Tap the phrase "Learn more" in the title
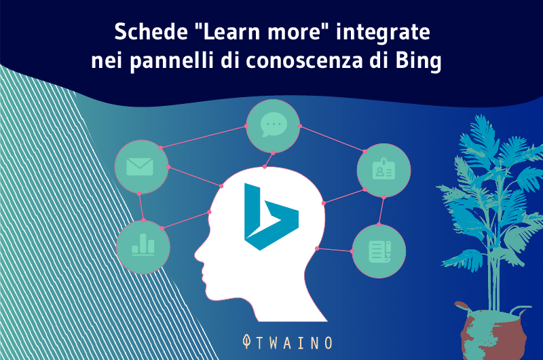tap(246, 32)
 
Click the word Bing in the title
tap(418, 62)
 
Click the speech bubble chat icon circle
tap(273, 126)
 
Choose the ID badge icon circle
tap(384, 170)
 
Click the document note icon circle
tap(379, 251)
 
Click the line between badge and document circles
tap(382, 211)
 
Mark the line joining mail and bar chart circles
tap(141, 207)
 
